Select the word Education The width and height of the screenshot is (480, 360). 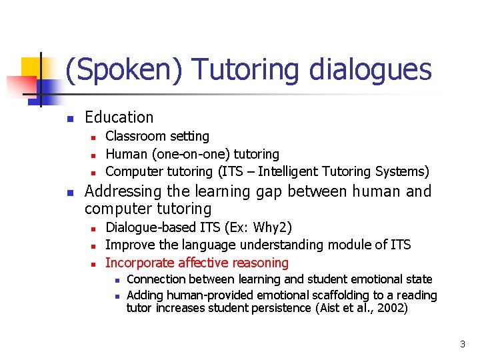(119, 117)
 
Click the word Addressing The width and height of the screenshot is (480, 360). (123, 192)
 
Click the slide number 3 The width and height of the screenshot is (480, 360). (463, 345)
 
